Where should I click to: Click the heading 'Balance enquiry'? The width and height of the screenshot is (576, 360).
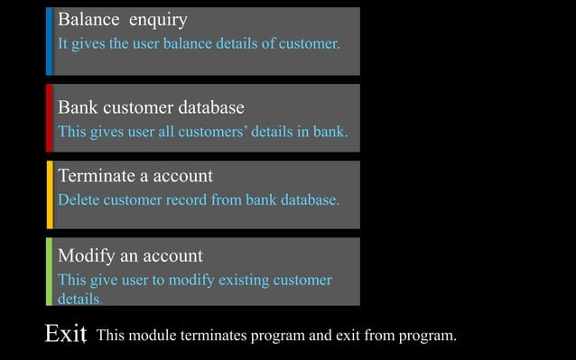[123, 20]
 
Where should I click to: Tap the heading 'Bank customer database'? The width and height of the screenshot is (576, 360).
[151, 108]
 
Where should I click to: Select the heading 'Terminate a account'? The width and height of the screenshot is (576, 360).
[135, 176]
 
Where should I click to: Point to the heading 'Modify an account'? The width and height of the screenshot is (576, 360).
[130, 256]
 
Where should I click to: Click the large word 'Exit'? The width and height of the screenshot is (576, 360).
[65, 335]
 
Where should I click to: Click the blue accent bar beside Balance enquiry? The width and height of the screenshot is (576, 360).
[50, 41]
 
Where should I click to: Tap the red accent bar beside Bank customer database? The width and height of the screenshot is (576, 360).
[50, 117]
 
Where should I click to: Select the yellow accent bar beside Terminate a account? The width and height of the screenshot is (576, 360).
[50, 194]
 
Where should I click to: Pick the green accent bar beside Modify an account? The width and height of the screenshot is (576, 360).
[50, 271]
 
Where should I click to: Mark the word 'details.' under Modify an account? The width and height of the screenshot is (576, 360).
[79, 299]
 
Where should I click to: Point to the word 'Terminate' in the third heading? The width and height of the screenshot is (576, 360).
[96, 176]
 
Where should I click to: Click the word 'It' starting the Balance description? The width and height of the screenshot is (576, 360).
[63, 43]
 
